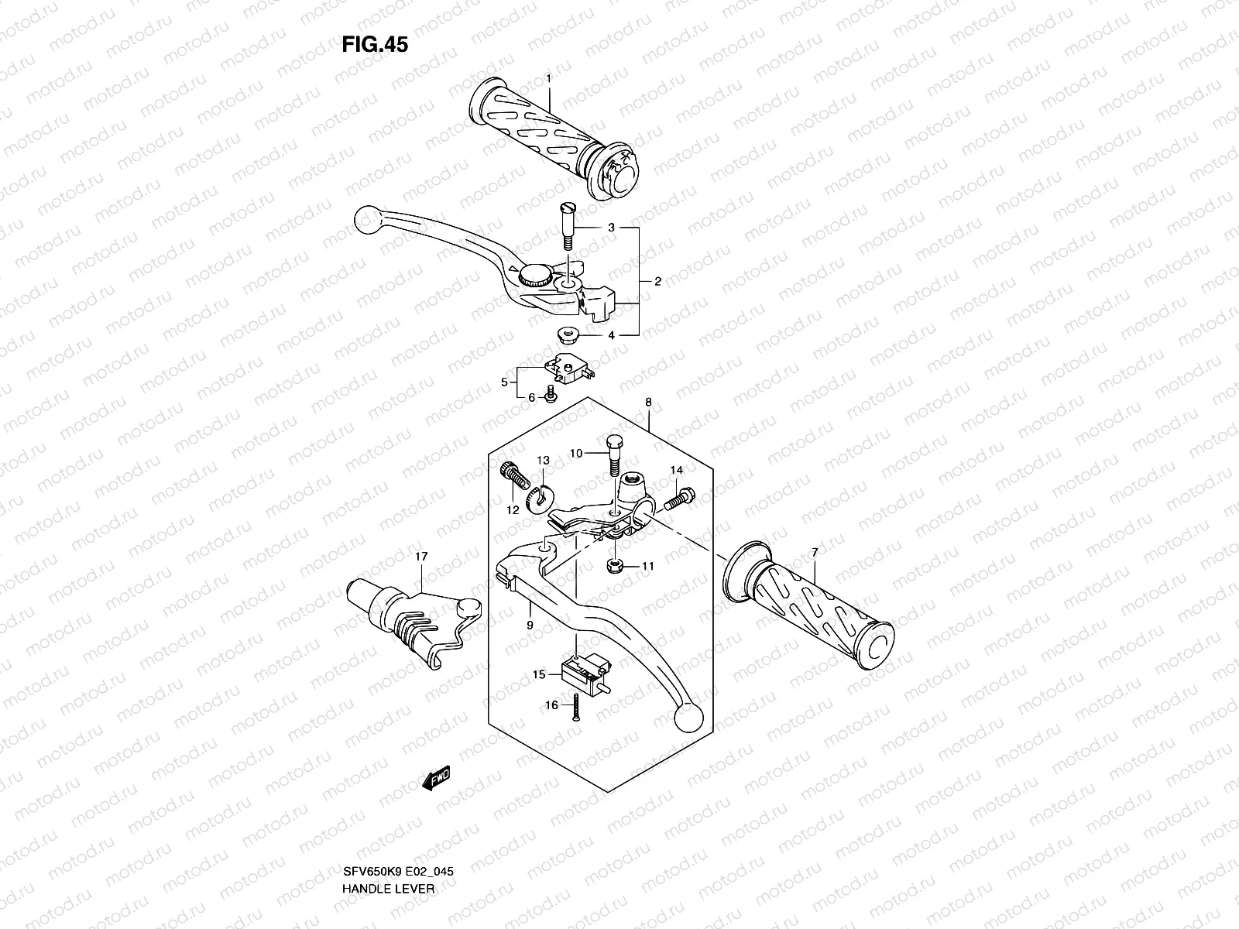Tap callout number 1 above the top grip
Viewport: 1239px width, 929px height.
tap(548, 79)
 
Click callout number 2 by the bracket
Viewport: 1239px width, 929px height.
tap(657, 282)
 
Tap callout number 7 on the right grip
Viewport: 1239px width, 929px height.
tap(815, 552)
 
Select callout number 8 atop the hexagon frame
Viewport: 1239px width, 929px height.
tap(648, 403)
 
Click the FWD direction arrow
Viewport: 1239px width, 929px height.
tap(435, 779)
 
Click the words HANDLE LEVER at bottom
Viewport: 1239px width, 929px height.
tap(388, 845)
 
